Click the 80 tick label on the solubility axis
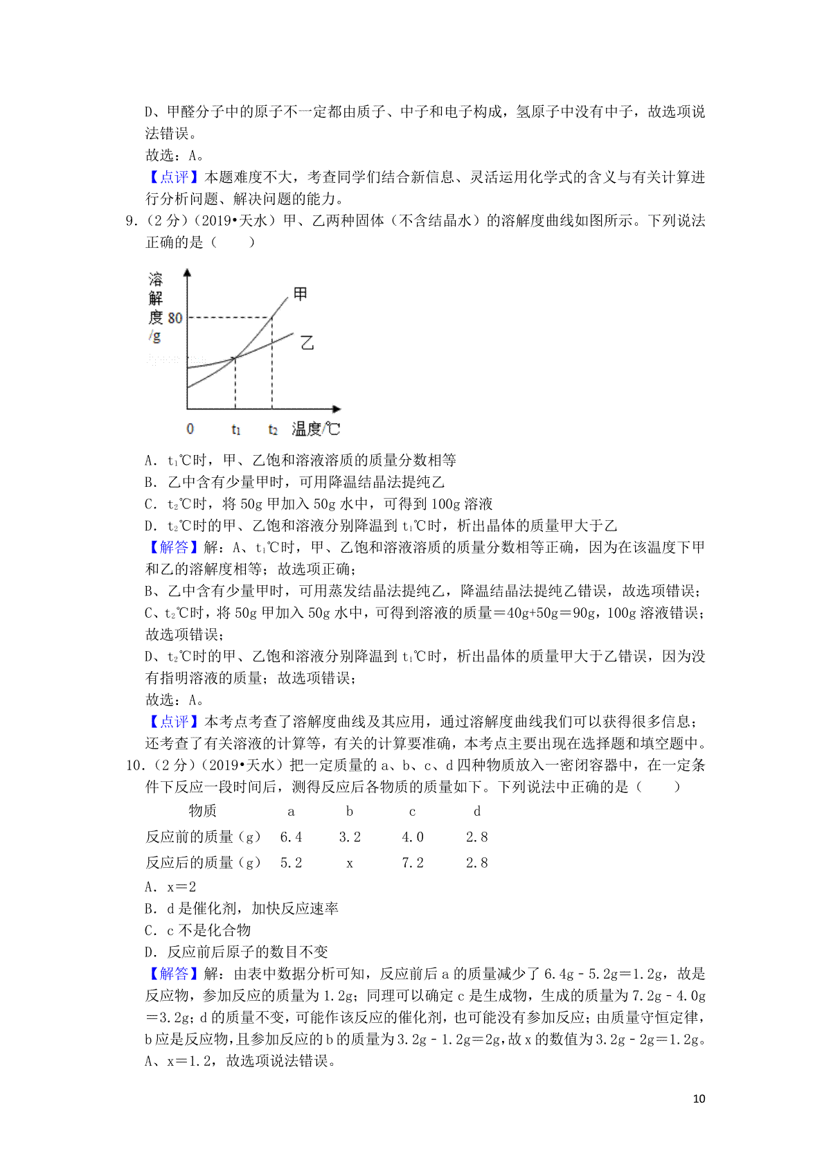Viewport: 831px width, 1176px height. tap(175, 318)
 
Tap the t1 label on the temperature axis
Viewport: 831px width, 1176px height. tap(236, 430)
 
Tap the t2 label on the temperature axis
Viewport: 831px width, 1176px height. tap(273, 430)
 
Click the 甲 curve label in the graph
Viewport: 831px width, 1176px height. tap(300, 294)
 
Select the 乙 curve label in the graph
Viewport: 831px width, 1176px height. tap(307, 342)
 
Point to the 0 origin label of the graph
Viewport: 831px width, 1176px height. tap(190, 429)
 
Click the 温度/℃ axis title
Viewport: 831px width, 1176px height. tap(316, 429)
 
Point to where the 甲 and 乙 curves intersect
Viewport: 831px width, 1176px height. tap(235, 357)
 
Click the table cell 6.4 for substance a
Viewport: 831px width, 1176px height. tap(291, 837)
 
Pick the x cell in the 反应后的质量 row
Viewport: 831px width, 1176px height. tap(350, 864)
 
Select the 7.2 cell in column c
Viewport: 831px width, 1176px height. tap(413, 863)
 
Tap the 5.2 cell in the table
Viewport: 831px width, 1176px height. tap(291, 863)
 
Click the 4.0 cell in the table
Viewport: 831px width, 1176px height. tap(413, 837)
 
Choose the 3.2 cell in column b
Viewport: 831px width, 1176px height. tap(350, 837)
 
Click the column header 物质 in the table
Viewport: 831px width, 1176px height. tap(202, 811)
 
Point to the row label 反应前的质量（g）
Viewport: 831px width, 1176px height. tap(203, 837)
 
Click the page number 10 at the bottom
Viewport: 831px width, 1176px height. tap(699, 1099)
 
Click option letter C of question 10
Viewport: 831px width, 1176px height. tap(150, 930)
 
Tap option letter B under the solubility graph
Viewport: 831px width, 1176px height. tap(150, 482)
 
